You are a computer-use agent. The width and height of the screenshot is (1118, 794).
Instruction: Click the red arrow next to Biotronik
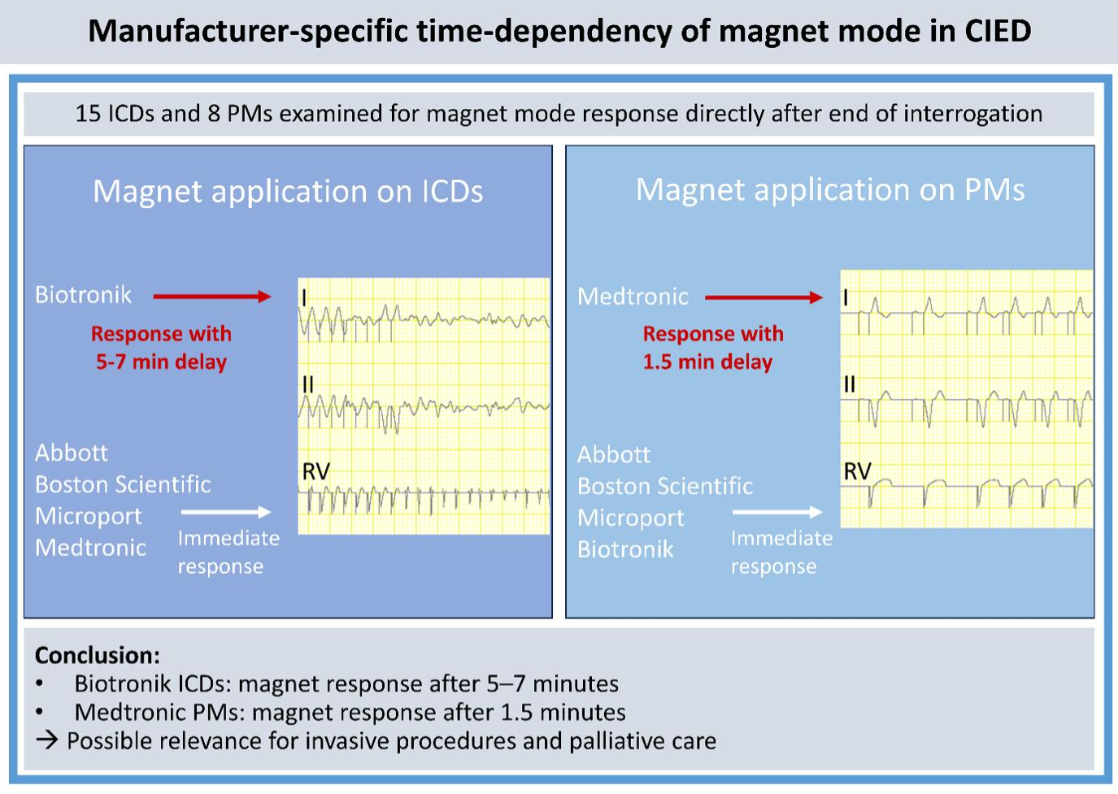pos(211,297)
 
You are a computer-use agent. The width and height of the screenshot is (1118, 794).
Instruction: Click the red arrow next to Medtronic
pos(763,298)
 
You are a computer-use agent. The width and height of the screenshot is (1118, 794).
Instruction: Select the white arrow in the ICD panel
pos(225,512)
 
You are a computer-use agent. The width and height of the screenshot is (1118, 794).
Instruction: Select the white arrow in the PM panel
pos(777,512)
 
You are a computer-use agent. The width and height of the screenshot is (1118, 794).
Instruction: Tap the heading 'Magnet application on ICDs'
pos(288,192)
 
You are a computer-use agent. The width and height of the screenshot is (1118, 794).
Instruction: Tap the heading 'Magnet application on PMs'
pos(829,189)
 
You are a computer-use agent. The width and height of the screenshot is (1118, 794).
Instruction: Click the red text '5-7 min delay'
pos(161,362)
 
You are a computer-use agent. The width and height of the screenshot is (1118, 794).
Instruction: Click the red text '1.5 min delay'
pos(707,362)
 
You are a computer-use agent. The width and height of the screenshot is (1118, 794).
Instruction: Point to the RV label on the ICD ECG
pos(315,472)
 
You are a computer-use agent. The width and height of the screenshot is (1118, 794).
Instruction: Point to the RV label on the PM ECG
pos(857,471)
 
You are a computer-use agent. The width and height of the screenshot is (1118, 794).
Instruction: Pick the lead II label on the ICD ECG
pos(307,384)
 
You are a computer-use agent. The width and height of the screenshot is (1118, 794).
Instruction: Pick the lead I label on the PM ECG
pos(846,297)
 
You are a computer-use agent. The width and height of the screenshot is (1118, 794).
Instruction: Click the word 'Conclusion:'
pos(98,656)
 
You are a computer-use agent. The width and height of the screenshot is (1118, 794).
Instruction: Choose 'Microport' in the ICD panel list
pos(88,516)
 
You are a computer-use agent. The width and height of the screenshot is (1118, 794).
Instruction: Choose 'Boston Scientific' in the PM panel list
pos(665,486)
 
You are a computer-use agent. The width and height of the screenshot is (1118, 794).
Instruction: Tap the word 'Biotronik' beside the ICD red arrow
pos(83,294)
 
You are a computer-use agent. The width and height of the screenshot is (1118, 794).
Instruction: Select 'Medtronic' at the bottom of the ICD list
pos(90,548)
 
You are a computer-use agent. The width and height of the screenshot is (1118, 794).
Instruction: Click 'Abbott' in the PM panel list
pos(614,454)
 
